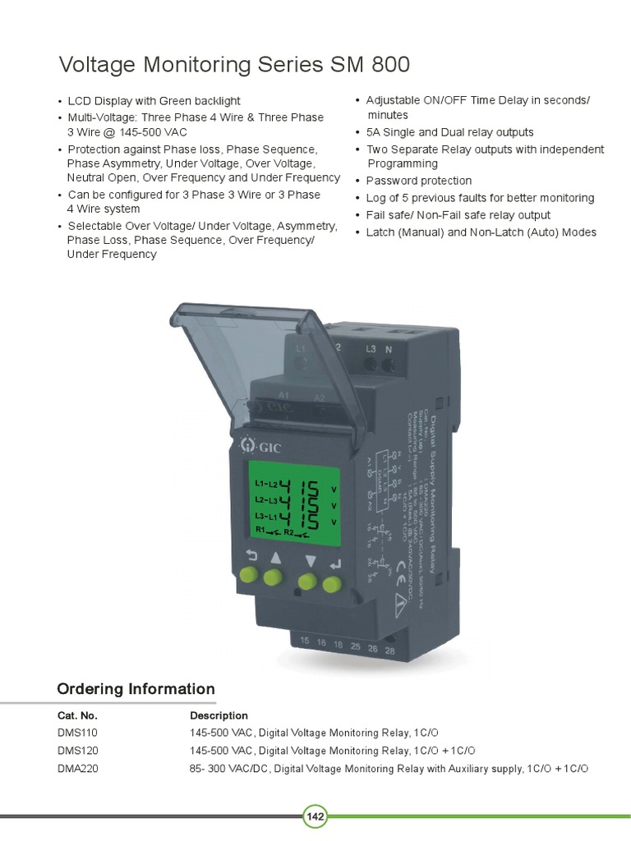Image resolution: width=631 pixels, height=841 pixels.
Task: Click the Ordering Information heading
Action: (136, 689)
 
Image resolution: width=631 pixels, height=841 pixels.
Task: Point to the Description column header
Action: (219, 715)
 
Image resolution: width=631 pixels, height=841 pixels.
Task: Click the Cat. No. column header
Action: (78, 715)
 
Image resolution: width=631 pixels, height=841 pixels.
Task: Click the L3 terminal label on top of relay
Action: (371, 348)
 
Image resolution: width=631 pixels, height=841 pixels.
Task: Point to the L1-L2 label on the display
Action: (266, 484)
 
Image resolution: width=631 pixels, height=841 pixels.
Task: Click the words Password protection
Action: (419, 181)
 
